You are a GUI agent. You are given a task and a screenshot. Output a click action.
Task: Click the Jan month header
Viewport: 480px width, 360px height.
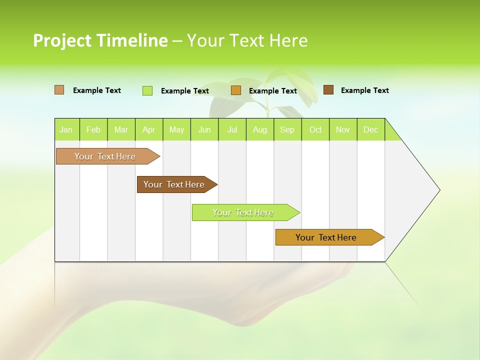[66, 129]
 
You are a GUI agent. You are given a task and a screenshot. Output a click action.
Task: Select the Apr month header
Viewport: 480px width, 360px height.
[148, 129]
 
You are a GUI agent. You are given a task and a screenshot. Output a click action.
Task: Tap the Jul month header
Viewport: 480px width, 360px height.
[232, 129]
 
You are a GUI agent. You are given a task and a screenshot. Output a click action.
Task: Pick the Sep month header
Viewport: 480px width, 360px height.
[287, 129]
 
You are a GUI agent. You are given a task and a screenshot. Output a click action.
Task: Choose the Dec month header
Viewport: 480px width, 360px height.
[370, 129]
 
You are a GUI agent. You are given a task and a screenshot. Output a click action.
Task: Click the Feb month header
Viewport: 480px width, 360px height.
[93, 129]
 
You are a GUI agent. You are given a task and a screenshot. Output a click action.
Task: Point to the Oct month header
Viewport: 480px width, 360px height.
[315, 129]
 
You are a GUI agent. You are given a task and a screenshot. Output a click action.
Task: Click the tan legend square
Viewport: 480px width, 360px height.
[59, 90]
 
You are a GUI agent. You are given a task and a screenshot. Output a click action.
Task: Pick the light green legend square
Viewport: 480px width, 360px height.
[147, 90]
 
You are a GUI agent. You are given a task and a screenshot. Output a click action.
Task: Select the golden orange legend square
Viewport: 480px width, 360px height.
[236, 90]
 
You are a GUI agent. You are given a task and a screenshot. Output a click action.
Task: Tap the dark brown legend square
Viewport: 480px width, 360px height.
[328, 90]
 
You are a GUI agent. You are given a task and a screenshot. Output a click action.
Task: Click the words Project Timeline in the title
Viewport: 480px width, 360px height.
[100, 40]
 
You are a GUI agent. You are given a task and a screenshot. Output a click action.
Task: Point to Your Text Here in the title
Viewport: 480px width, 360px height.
[247, 40]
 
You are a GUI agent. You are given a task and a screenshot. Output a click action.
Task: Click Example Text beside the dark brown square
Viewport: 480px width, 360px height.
[364, 90]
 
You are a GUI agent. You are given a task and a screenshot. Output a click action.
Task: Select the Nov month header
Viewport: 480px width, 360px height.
[343, 129]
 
